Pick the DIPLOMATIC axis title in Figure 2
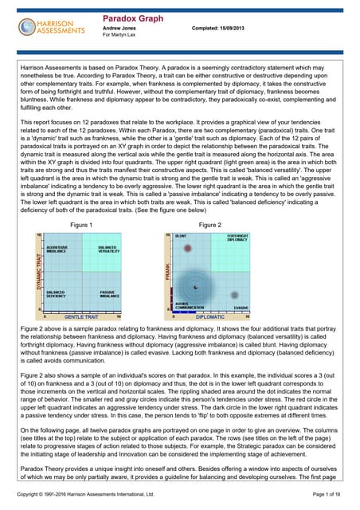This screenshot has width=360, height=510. (211, 316)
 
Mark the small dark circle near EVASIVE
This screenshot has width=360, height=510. (235, 295)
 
